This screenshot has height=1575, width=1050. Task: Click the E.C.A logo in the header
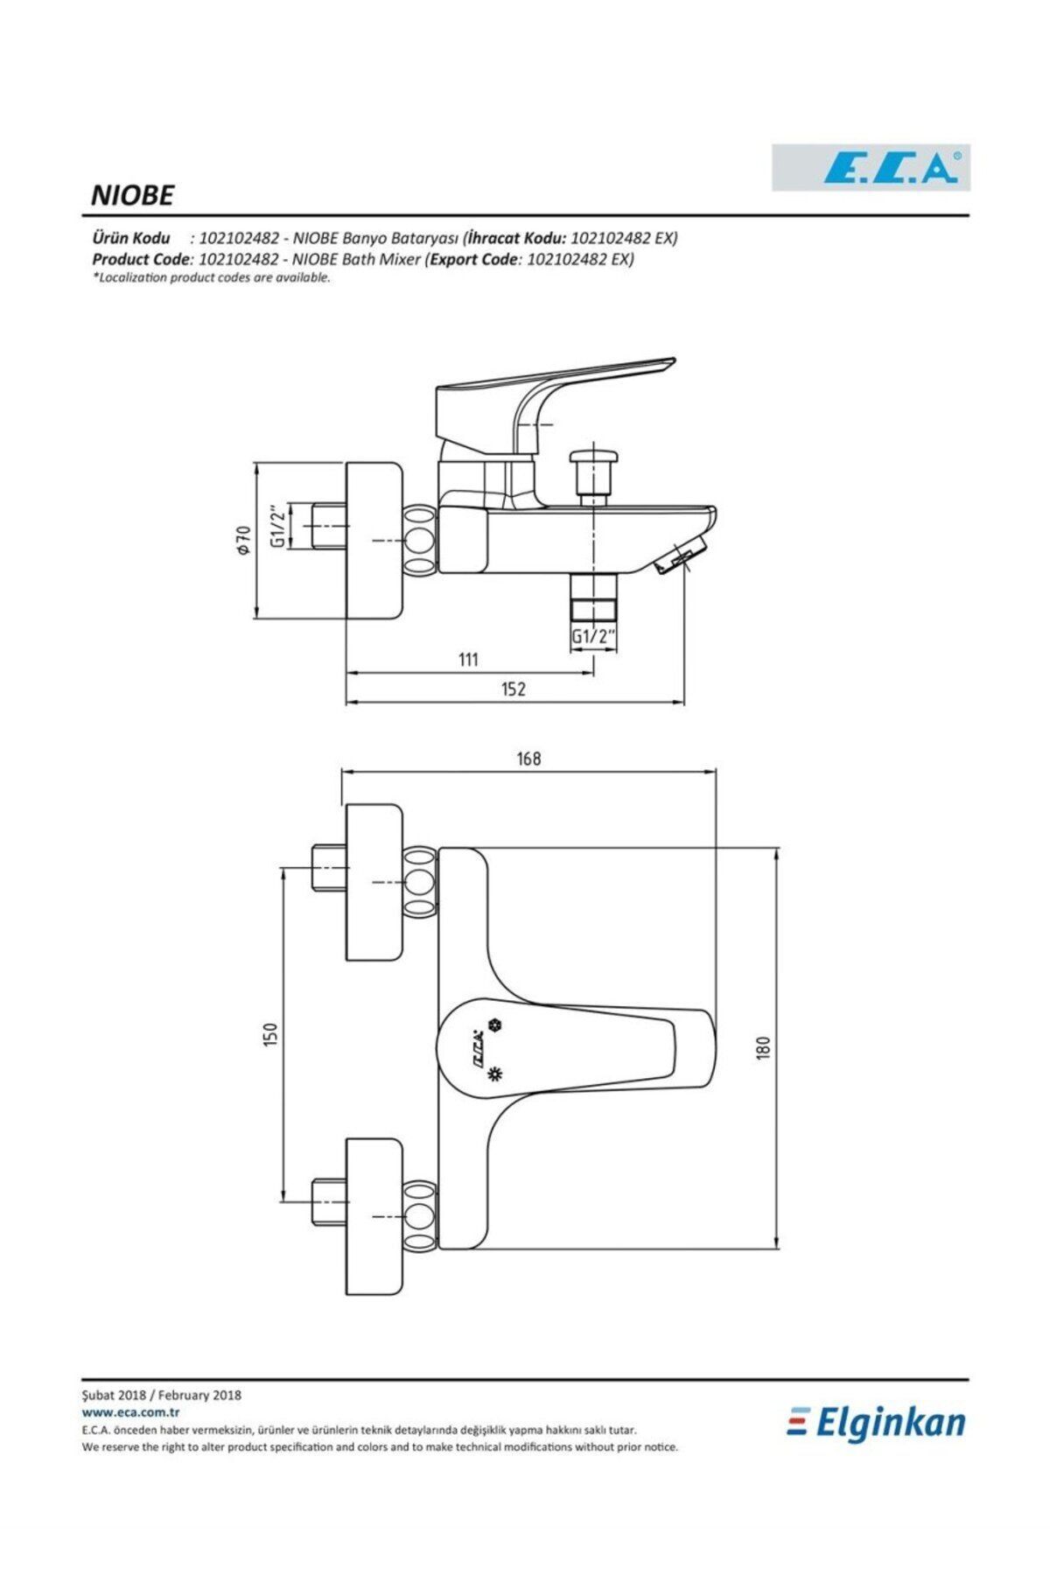[871, 167]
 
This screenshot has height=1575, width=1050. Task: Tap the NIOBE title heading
[132, 195]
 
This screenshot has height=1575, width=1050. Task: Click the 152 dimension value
[514, 689]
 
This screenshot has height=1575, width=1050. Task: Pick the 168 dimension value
[528, 759]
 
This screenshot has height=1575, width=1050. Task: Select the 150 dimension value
[270, 1034]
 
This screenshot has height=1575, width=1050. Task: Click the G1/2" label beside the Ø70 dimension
[276, 526]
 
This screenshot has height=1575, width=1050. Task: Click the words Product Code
[141, 260]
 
